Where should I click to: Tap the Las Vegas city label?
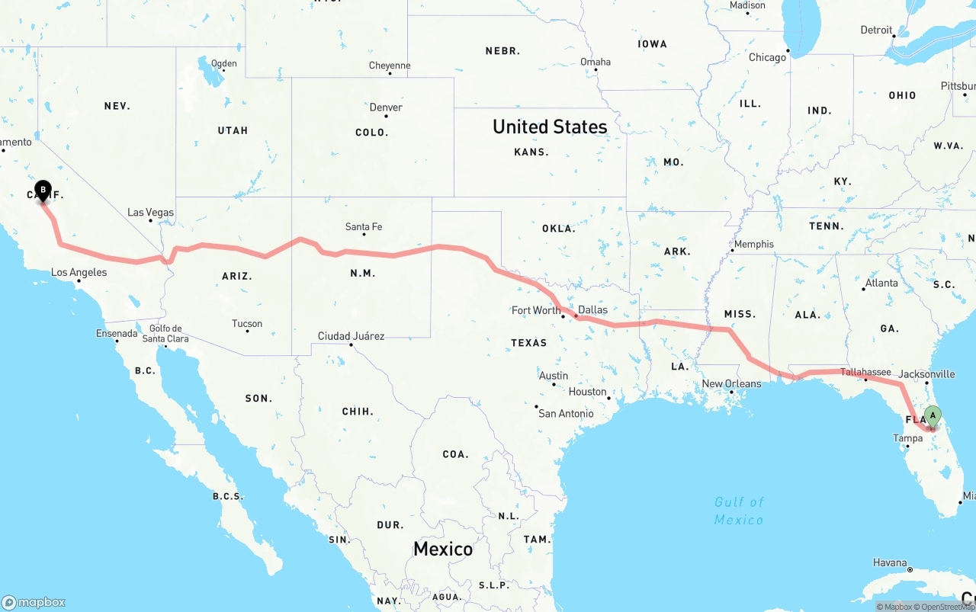[150, 213]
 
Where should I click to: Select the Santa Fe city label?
[364, 227]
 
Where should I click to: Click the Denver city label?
[386, 107]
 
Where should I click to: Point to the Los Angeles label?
[79, 272]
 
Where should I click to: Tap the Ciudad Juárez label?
[351, 336]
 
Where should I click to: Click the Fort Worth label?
[536, 310]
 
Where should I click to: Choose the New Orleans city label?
[731, 383]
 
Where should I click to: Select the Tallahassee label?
[865, 372]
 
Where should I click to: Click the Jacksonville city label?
[926, 374]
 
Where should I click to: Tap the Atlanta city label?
[881, 283]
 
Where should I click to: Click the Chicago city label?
[767, 58]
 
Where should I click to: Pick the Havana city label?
[890, 562]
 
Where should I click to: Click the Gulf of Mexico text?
[739, 511]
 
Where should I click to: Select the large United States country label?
[550, 127]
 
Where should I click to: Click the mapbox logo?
[34, 602]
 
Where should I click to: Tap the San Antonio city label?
[566, 413]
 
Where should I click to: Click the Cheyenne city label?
[390, 66]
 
